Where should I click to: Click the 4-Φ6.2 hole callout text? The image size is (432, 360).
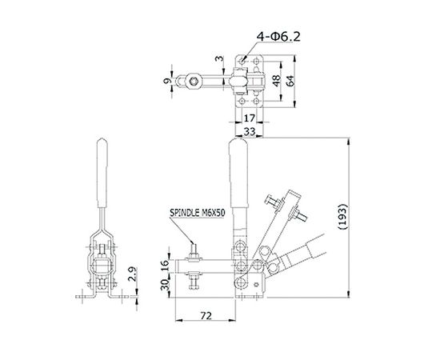(x=278, y=37)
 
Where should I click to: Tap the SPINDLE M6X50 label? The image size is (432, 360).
(x=198, y=213)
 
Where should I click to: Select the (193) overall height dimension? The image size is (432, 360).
(x=342, y=217)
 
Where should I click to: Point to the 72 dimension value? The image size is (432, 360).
(x=206, y=315)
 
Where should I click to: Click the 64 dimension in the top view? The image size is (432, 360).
(x=290, y=81)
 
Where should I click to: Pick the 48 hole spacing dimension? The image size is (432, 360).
(x=276, y=81)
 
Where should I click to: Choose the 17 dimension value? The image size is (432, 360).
(x=250, y=118)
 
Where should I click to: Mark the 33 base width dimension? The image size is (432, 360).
(x=250, y=131)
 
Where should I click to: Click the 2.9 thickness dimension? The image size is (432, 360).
(x=133, y=274)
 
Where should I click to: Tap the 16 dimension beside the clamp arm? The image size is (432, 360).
(x=165, y=266)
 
